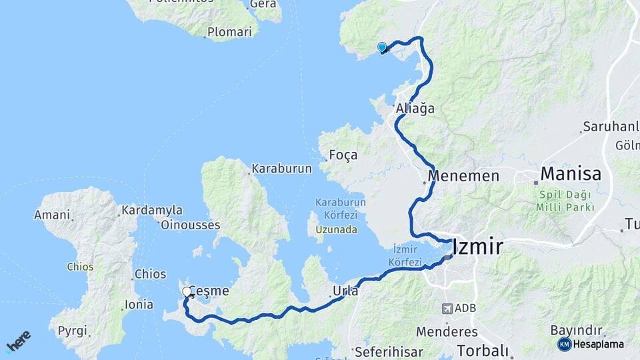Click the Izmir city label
pos(477,247)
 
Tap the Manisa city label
pos(571,175)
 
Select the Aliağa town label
pos(415,108)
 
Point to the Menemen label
pos(464,177)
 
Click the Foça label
pos(343,155)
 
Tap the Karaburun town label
pos(282,169)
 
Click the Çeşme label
pos(209,291)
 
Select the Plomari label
pos(230,31)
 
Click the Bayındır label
pos(577,330)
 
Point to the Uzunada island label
pos(337,229)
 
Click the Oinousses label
pos(190,225)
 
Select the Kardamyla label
pos(151,211)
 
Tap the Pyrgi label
pos(72,331)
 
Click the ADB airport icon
pos(447,309)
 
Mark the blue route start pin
pos(382,47)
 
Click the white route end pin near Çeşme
pos(187,291)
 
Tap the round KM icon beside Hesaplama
pos(565,344)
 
